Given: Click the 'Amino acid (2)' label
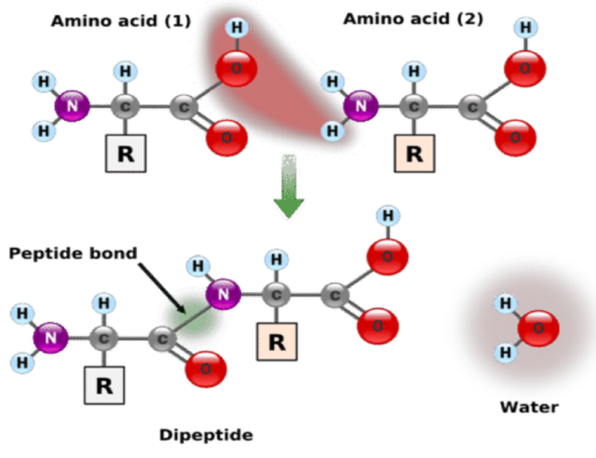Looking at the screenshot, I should (x=413, y=19).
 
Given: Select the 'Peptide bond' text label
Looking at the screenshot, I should (x=73, y=253).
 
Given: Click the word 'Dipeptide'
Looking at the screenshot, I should (x=205, y=435).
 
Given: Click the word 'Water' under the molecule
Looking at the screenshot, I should (x=529, y=407).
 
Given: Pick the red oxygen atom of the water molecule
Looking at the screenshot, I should (x=538, y=329).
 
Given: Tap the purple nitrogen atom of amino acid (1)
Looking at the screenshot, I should (x=72, y=107).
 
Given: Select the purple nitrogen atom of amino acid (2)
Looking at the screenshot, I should (x=360, y=107).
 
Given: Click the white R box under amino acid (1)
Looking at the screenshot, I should (x=126, y=155).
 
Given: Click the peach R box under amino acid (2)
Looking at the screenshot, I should (x=413, y=154).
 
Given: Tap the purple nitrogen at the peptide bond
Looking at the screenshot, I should (x=223, y=294).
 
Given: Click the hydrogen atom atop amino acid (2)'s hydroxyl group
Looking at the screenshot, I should (x=525, y=28).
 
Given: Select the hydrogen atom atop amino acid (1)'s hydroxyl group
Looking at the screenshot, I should (x=237, y=27).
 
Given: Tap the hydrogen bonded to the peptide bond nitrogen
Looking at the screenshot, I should (x=196, y=266).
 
